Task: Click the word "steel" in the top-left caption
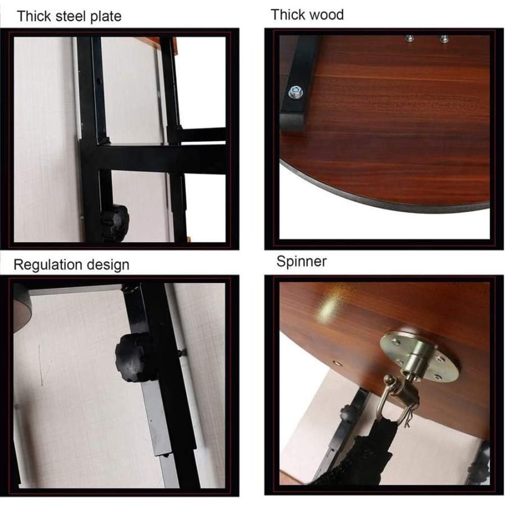[72, 16]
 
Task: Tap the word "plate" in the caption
[106, 17]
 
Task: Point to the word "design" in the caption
[108, 265]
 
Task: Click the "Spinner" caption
[301, 261]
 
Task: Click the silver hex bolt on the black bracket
[295, 93]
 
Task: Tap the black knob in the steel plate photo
[115, 223]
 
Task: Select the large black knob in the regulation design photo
[135, 357]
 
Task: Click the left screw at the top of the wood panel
[410, 39]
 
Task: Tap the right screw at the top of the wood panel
[444, 39]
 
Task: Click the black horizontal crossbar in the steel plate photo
[161, 158]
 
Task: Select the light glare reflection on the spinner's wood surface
[328, 307]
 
